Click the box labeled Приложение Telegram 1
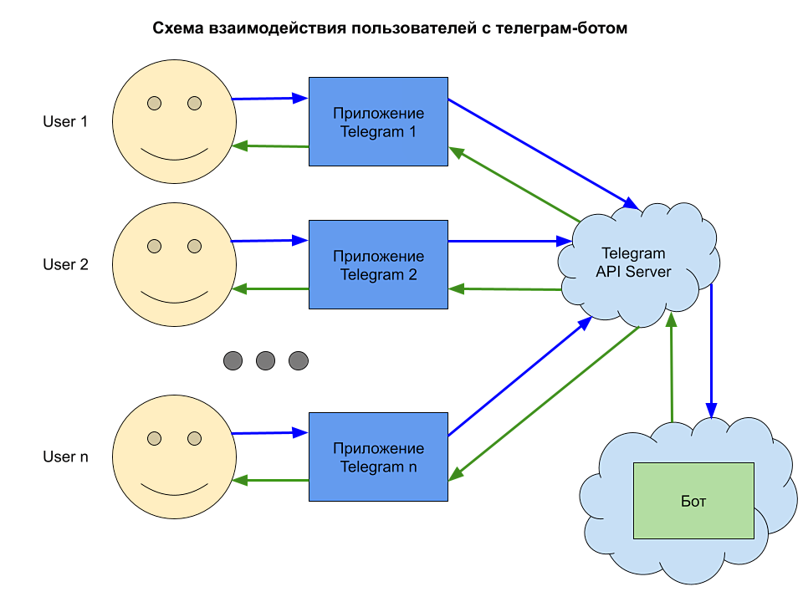point(378,122)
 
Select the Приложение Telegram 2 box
point(378,265)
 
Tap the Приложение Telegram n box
point(378,457)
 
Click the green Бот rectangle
point(693,501)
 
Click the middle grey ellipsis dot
point(265,361)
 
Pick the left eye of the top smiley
point(154,103)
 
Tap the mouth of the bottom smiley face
point(174,488)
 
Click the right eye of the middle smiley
point(195,246)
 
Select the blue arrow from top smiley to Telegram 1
point(269,99)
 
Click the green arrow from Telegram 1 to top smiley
point(271,146)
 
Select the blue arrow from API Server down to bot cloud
point(711,351)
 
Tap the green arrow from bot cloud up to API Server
point(672,368)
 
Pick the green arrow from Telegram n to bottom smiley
point(271,481)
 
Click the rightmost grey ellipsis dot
point(299,361)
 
